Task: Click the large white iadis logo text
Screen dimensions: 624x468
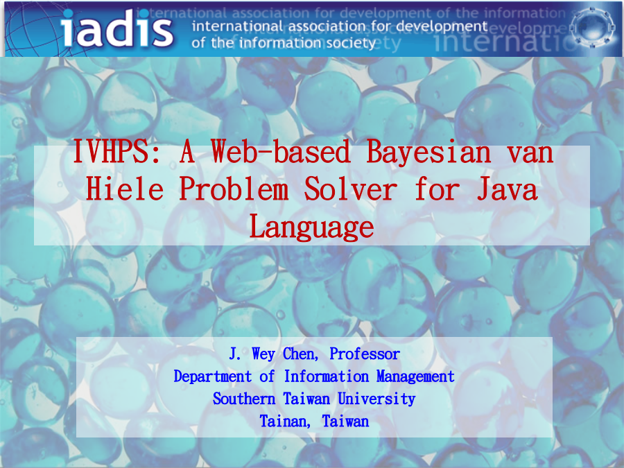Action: tap(117, 28)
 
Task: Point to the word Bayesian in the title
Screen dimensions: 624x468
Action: tap(428, 152)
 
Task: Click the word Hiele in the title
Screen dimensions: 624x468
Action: tap(125, 189)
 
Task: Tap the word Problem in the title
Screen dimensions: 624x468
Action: tap(234, 189)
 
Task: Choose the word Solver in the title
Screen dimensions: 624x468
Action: tap(351, 189)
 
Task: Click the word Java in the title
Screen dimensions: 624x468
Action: tap(508, 189)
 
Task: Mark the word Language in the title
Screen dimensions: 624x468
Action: tap(311, 227)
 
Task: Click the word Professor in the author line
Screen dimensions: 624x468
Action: tap(365, 354)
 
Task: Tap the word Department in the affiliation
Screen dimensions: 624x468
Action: tap(213, 376)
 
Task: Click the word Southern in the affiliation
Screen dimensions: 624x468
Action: tap(244, 399)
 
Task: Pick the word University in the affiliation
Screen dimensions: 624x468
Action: tap(376, 399)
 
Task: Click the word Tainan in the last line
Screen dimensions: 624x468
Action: tap(285, 422)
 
